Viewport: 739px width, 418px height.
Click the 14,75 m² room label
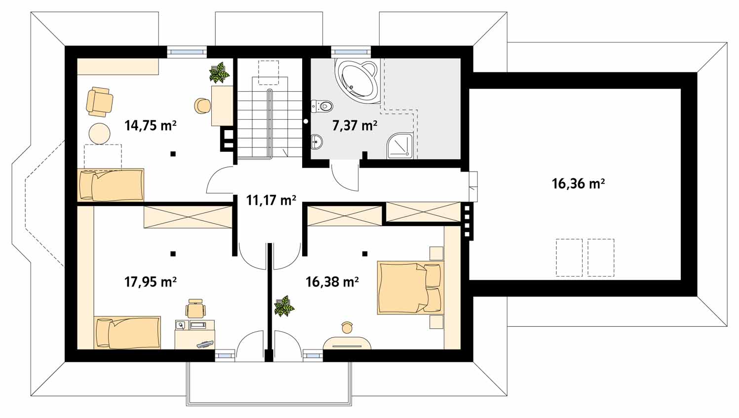pos(151,126)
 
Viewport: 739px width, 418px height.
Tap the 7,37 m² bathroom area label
pos(355,126)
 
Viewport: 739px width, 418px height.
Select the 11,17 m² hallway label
pos(271,200)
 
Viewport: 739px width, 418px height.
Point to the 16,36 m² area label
pos(579,183)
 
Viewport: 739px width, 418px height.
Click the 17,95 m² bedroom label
pos(151,282)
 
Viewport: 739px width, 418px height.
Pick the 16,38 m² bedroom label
pos(332,282)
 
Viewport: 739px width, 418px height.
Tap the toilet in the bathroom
pos(322,106)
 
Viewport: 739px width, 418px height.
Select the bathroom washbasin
pos(316,142)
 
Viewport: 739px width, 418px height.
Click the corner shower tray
pos(400,145)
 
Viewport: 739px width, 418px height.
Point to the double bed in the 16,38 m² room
pos(410,288)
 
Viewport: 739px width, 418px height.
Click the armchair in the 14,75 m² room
pos(99,102)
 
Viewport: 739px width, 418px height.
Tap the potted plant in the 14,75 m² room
pos(219,72)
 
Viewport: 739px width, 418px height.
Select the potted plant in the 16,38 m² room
pos(284,306)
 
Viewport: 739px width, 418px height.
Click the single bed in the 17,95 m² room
pos(127,333)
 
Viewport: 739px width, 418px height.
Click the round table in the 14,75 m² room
pos(100,134)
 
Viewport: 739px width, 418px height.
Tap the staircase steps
pos(270,125)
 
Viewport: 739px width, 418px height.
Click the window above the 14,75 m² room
pos(187,52)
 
